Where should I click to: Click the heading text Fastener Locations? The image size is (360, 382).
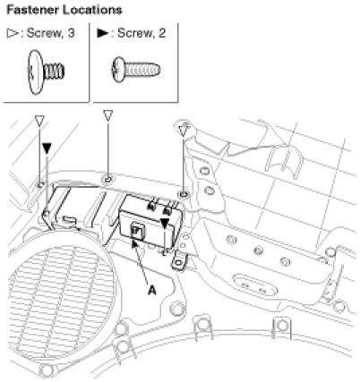tap(64, 10)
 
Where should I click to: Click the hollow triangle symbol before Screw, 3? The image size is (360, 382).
tap(13, 33)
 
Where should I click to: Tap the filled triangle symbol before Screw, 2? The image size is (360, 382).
tap(103, 33)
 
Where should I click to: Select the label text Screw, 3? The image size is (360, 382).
tap(50, 33)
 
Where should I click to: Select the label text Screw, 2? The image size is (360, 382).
tap(141, 33)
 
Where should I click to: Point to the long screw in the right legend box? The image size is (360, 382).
tap(136, 70)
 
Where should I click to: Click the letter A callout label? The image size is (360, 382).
tap(152, 290)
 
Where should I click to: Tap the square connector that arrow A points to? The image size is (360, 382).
tap(137, 232)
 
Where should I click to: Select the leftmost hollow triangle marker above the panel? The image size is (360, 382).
tap(39, 121)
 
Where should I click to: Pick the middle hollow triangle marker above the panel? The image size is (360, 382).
tap(108, 115)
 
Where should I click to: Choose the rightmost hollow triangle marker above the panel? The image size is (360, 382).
tap(183, 132)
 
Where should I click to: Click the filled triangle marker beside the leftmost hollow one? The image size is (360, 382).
tap(47, 149)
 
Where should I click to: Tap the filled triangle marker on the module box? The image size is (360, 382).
tap(165, 224)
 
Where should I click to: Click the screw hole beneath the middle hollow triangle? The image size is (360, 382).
tap(107, 180)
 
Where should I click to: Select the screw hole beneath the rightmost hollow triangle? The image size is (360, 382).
tap(184, 194)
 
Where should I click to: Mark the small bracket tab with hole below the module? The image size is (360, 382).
tap(179, 260)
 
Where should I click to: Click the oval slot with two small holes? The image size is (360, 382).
tap(253, 285)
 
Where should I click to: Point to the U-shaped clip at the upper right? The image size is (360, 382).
tap(285, 161)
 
